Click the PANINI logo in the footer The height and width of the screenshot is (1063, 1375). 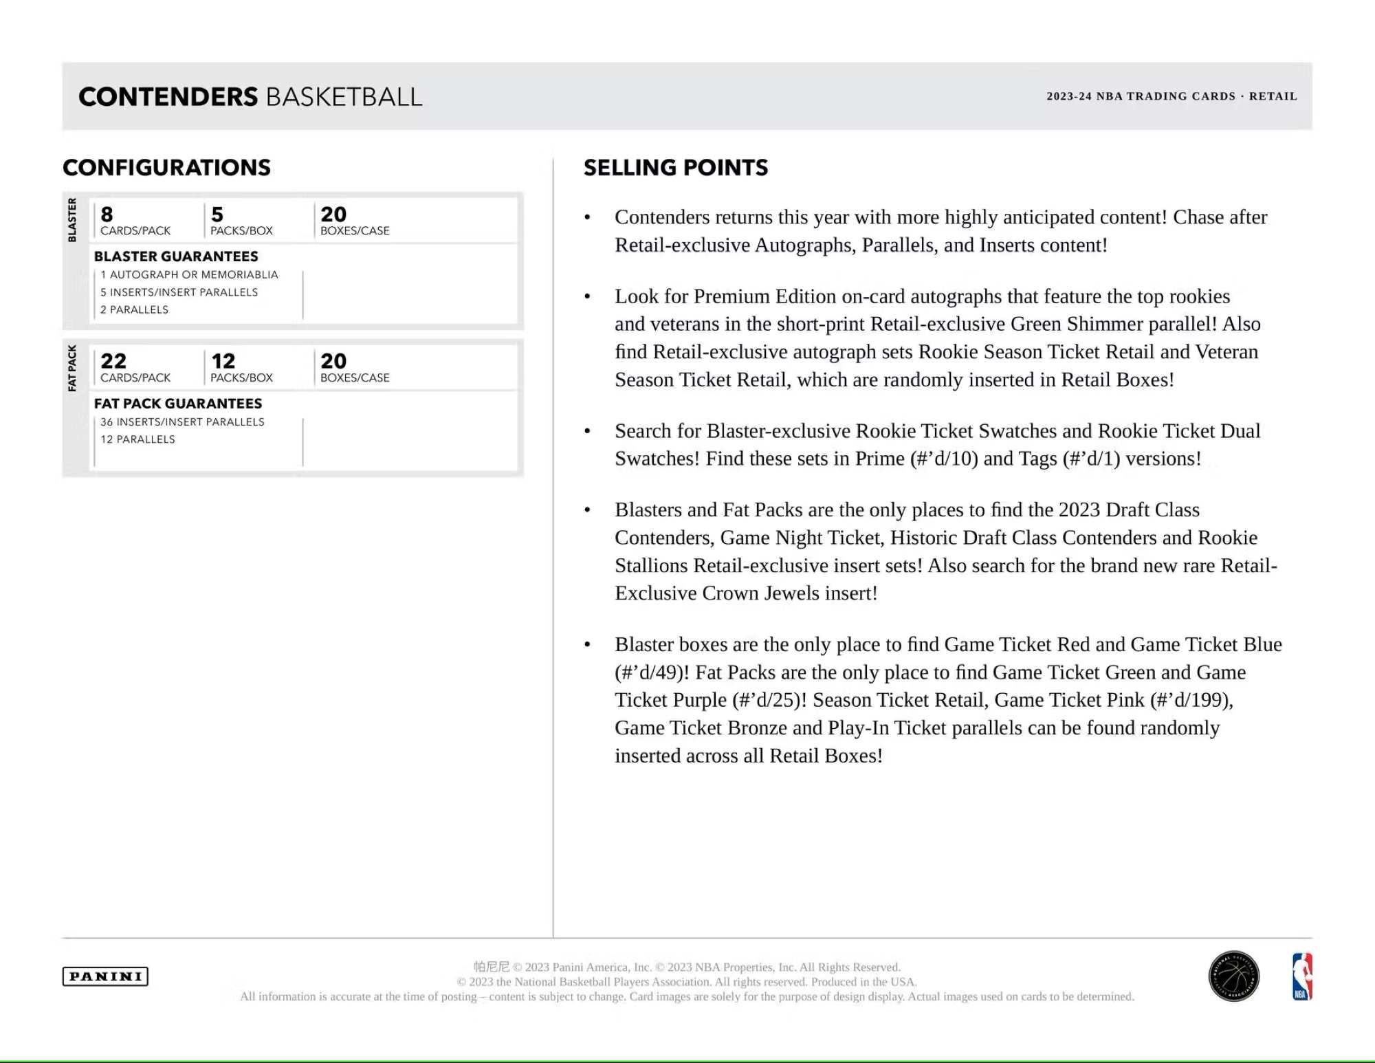coord(105,976)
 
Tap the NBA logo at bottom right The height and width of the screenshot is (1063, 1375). coord(1302,976)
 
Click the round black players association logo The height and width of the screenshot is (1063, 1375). coord(1234,976)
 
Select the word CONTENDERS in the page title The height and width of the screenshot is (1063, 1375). coord(168,97)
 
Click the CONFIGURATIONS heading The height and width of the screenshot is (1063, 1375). coord(166,168)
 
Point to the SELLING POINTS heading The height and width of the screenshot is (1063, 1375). coord(675,168)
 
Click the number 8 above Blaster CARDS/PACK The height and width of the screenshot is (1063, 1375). coord(107,215)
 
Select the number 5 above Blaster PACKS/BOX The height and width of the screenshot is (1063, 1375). coord(217,215)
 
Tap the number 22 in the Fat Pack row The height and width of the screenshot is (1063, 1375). coord(113,361)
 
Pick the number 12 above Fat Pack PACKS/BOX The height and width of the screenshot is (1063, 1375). coord(223,361)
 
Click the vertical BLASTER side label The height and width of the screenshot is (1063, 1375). coord(72,220)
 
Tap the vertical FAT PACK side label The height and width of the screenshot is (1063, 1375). coord(72,368)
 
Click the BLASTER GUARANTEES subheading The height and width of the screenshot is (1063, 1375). coord(176,256)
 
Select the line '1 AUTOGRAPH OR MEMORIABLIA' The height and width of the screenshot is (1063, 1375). coord(189,274)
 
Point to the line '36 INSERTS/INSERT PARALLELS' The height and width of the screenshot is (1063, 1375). coord(182,421)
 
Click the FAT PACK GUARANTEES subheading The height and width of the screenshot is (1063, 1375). coord(178,404)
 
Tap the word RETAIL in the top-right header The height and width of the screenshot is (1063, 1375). coord(1273,96)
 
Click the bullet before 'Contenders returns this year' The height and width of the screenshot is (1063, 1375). coord(587,218)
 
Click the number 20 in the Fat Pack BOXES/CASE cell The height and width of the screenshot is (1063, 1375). coord(333,361)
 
